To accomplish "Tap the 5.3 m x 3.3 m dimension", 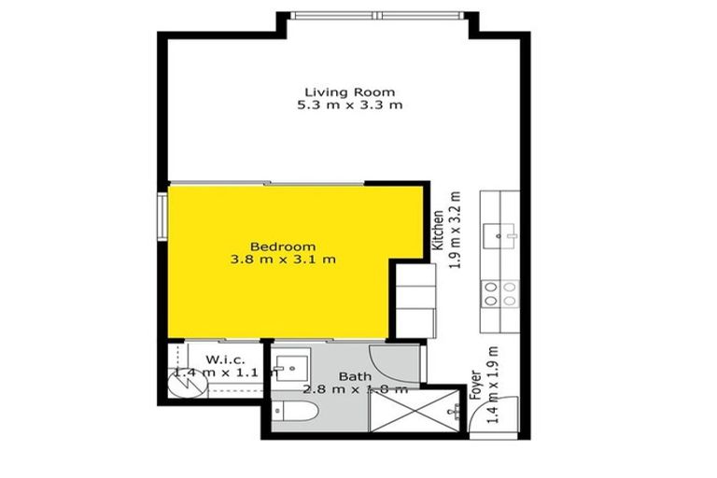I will [x=350, y=105].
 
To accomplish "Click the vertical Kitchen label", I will [x=437, y=229].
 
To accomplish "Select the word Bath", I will [x=354, y=376].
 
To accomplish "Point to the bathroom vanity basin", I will [x=290, y=368].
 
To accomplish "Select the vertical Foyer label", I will [x=475, y=385].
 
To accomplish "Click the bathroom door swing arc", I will [x=385, y=358].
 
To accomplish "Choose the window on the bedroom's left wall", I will [x=162, y=214].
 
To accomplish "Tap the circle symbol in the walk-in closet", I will [x=181, y=383].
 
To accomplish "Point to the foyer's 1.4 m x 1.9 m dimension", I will [x=494, y=385].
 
